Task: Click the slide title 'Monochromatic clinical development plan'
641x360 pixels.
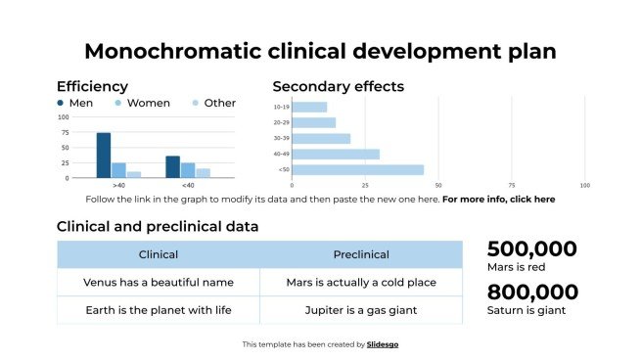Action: point(320,51)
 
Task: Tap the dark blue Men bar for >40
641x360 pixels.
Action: point(103,155)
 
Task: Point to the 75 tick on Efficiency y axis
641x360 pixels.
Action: point(65,132)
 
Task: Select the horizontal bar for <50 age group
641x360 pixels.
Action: point(358,169)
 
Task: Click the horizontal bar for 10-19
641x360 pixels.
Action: point(309,107)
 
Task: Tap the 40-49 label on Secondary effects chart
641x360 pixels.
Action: point(282,154)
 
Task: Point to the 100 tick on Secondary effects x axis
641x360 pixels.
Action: point(584,185)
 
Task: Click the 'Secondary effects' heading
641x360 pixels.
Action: point(338,86)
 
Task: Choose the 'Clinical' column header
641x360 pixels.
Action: point(159,254)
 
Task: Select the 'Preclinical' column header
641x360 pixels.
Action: point(360,254)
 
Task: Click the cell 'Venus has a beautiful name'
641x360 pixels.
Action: point(159,282)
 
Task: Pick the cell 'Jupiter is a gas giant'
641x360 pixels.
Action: point(360,310)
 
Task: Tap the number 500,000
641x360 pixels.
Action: point(531,248)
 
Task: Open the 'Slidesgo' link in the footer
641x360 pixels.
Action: point(383,344)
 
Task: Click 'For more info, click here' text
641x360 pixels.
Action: point(498,199)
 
